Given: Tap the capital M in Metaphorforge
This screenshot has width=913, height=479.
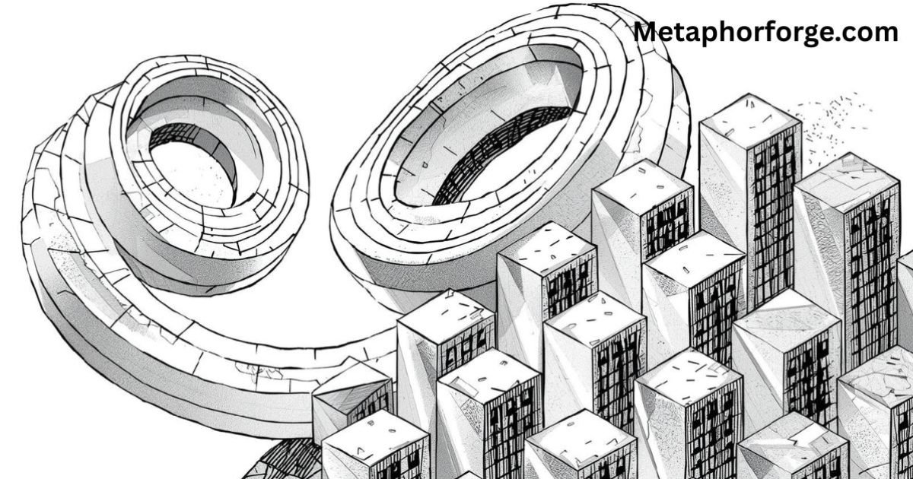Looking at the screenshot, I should (x=647, y=32).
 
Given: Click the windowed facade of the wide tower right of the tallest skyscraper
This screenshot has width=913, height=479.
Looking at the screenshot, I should (x=867, y=266).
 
